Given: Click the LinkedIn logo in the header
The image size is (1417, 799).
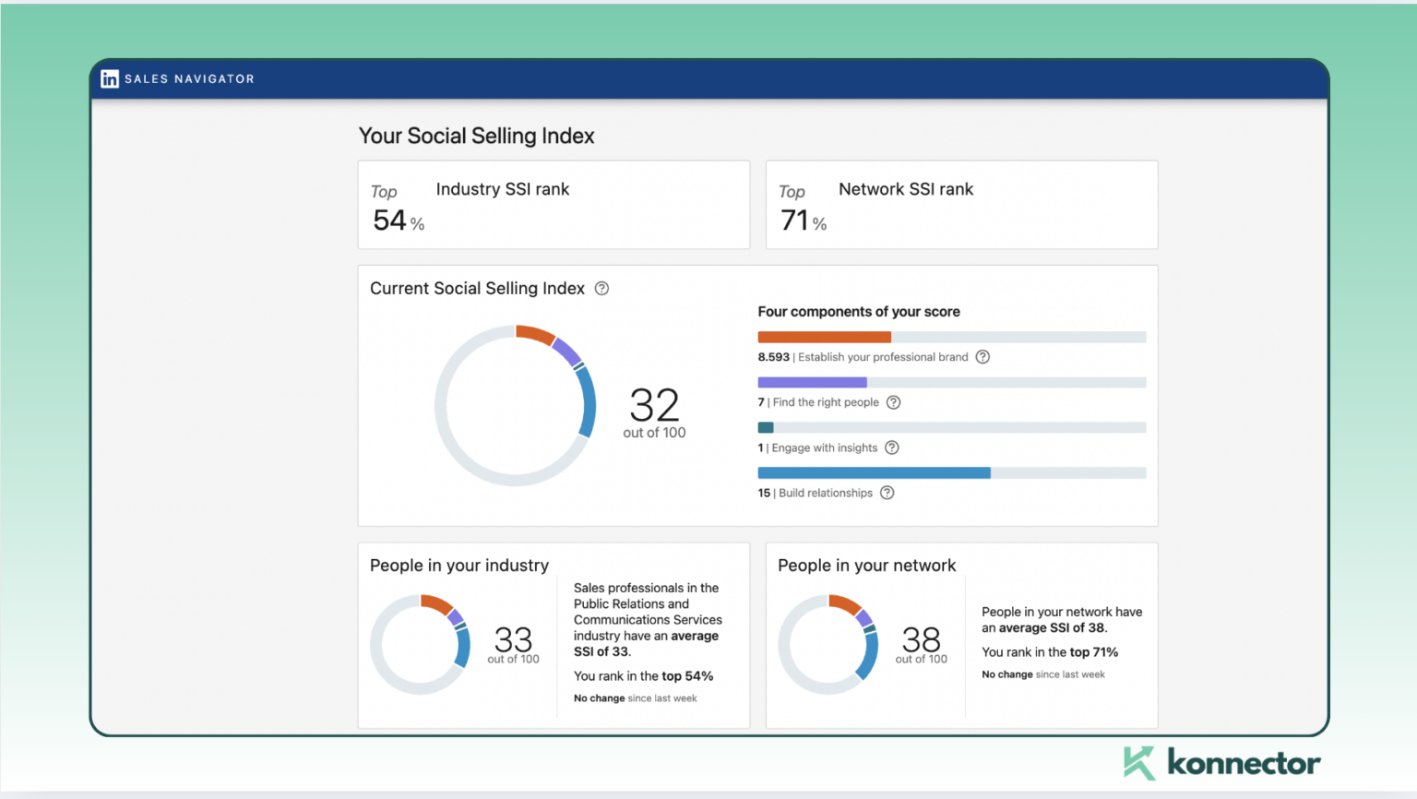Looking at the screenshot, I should (110, 79).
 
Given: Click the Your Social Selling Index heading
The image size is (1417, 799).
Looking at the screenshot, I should (476, 136).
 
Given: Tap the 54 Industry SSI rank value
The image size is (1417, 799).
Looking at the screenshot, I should (389, 221).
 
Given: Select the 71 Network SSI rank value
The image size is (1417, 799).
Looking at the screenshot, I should (794, 221).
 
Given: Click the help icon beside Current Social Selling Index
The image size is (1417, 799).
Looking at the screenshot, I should (601, 289).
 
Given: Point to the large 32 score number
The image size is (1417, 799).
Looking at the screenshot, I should (654, 405).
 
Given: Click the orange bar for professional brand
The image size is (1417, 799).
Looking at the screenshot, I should (824, 337).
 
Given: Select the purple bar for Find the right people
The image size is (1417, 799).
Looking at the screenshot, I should (812, 382).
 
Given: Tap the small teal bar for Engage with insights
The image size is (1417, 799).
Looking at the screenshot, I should (766, 427).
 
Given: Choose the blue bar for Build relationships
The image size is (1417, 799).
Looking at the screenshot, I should (874, 472).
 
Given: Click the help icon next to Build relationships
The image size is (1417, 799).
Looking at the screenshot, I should (887, 493).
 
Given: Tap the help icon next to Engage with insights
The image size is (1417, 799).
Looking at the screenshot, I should (891, 447).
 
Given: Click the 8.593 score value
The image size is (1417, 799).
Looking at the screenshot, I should (773, 357).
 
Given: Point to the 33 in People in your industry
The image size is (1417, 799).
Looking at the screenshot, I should (513, 638).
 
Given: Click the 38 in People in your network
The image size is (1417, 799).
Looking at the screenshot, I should (921, 638).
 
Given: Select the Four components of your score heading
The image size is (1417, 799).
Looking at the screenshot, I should (858, 312).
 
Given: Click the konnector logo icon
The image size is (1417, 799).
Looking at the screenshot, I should (1139, 763).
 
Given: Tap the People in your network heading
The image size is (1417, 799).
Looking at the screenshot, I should (866, 566).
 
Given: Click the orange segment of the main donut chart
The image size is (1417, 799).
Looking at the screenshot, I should (534, 334).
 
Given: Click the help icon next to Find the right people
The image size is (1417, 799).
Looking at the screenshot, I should (893, 402).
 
